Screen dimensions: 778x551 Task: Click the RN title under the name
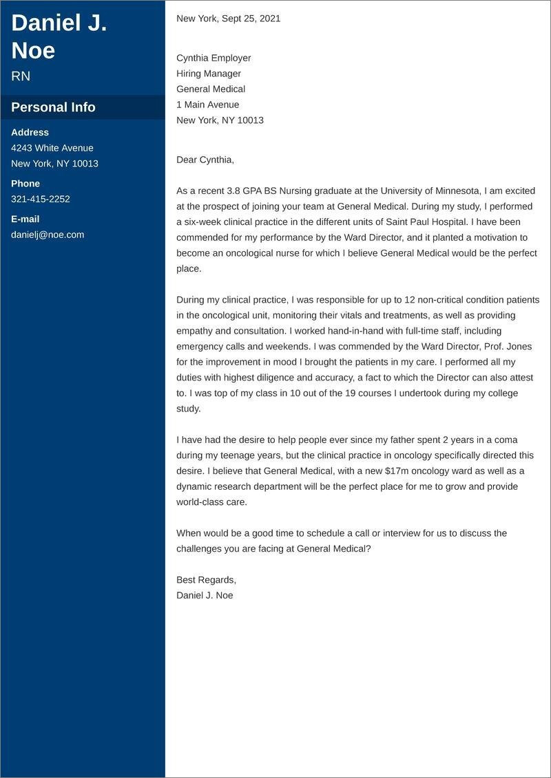pos(21,76)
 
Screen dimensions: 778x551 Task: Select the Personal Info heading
pos(53,107)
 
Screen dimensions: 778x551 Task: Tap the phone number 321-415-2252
pos(41,199)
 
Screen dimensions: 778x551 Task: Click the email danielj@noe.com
pos(48,235)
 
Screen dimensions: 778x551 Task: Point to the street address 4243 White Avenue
pos(52,148)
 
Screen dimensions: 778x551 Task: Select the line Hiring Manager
pos(209,74)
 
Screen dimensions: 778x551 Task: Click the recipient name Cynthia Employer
pos(214,58)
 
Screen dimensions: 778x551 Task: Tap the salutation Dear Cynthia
pos(205,160)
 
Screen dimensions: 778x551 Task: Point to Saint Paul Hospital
pos(428,222)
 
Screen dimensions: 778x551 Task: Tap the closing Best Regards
pos(206,579)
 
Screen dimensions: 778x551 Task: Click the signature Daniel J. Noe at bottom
pos(205,595)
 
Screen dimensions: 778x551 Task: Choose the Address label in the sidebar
pos(30,132)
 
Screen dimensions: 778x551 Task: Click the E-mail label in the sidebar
pos(25,219)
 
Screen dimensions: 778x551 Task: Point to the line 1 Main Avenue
pos(208,105)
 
